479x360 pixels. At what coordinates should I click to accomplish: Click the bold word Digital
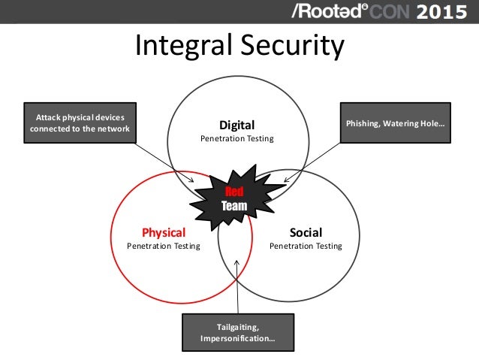pos(236,125)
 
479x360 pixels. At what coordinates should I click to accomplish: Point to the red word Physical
pos(164,232)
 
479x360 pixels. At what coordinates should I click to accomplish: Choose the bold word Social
pos(306,232)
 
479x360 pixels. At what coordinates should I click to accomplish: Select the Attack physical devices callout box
pos(80,123)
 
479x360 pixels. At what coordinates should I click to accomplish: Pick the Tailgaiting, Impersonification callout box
pos(238,332)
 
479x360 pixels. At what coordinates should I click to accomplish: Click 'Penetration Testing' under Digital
pos(236,139)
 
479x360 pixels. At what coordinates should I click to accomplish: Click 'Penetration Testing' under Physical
pos(164,246)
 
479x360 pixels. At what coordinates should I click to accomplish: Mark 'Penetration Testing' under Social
pos(306,246)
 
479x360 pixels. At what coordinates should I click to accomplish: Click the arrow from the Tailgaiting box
pos(238,289)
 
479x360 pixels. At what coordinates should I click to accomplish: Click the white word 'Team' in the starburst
pos(234,205)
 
